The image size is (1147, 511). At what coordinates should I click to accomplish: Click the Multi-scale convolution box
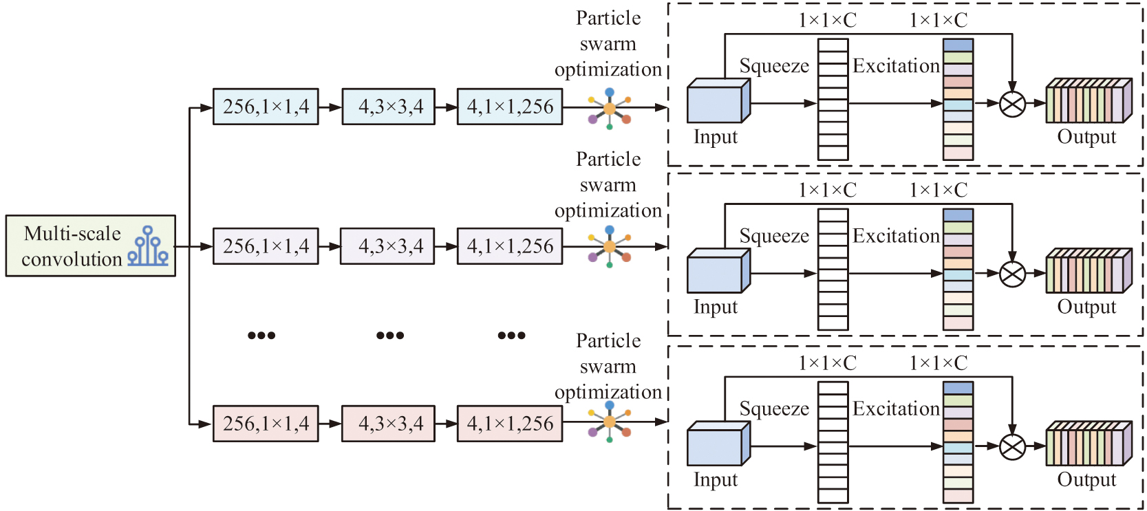[90, 246]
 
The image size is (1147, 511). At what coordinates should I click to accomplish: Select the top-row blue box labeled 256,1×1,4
[266, 107]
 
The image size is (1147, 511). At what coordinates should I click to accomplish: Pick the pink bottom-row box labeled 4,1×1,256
[510, 423]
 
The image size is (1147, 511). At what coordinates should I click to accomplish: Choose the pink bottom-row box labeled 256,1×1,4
[266, 423]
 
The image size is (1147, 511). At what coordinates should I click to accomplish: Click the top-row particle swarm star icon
[610, 109]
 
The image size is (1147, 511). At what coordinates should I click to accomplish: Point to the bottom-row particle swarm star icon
[610, 422]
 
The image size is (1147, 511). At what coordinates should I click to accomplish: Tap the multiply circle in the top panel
[1012, 105]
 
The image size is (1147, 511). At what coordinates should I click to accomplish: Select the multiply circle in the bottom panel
[1012, 447]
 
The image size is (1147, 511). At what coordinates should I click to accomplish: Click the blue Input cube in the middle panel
[718, 272]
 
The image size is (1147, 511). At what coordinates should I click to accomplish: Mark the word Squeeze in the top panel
[774, 66]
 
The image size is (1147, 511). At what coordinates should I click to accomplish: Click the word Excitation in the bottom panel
[896, 409]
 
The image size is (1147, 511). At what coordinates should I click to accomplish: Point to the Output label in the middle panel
[1086, 307]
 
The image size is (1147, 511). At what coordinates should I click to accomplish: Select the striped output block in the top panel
[1089, 102]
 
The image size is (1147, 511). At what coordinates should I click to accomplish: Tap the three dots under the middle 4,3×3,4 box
[390, 336]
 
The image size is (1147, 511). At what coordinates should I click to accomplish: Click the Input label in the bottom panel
[716, 479]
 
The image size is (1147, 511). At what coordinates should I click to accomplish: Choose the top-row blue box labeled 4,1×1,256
[510, 107]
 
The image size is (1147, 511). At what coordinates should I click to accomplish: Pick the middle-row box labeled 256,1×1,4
[266, 246]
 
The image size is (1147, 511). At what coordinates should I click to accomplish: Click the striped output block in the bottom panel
[1089, 444]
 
